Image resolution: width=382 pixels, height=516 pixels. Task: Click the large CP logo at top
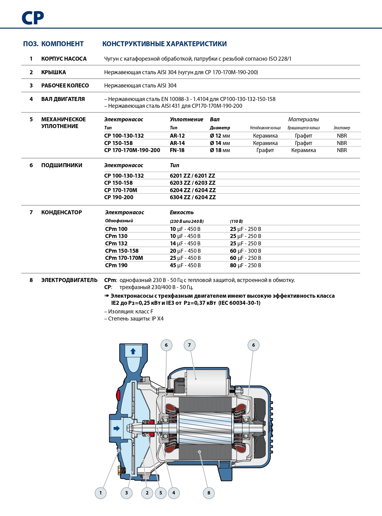point(33,18)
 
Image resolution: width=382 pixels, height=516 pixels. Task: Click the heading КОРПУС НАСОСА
point(64,59)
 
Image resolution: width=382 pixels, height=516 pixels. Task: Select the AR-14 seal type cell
point(177,143)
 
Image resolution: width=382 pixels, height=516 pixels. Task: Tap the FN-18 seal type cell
point(177,150)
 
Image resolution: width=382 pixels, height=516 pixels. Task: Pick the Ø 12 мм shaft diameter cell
point(220,136)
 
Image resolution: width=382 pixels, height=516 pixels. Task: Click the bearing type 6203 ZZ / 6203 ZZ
point(192,183)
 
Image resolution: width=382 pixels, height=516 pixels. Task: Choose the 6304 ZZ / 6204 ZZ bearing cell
point(193,197)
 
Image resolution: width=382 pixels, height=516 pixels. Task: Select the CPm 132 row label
point(116,244)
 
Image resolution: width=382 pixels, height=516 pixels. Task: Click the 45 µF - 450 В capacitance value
point(185,265)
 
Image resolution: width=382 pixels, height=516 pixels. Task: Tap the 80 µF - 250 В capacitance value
point(245,265)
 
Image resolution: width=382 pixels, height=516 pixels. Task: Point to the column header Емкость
point(182,212)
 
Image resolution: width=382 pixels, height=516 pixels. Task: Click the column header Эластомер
point(342,128)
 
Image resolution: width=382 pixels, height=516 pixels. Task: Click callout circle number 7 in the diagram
point(189,345)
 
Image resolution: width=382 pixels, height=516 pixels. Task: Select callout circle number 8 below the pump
point(209,493)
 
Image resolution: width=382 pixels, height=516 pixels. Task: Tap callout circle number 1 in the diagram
point(101,493)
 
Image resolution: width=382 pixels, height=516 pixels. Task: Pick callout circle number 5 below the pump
point(161,493)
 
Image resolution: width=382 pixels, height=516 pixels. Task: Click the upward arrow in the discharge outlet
point(133,351)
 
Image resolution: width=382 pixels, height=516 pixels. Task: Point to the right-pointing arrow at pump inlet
point(117,428)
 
